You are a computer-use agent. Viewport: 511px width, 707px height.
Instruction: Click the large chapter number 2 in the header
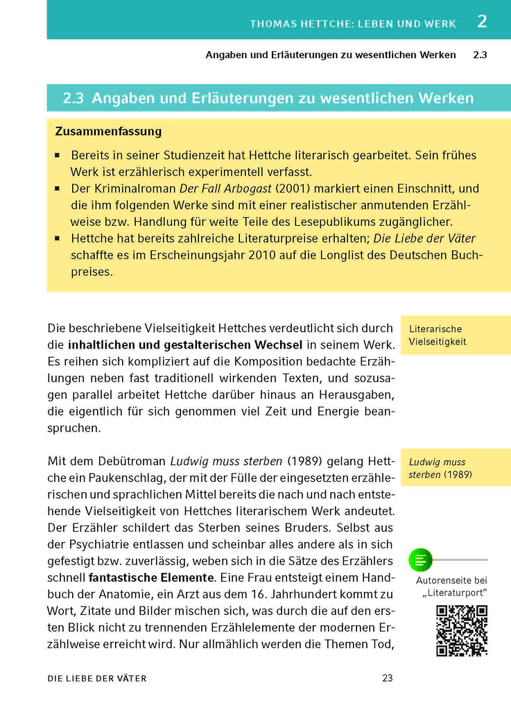tap(482, 21)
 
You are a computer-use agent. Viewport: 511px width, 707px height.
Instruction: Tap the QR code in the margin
tap(461, 630)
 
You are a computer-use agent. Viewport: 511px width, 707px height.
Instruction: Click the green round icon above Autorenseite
tap(420, 559)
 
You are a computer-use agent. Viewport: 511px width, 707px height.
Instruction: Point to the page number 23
tap(388, 679)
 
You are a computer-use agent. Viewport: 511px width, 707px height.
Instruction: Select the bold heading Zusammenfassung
tap(107, 131)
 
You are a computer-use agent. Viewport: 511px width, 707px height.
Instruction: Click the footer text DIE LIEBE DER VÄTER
tap(97, 679)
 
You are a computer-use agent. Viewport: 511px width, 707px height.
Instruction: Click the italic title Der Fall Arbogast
tap(225, 189)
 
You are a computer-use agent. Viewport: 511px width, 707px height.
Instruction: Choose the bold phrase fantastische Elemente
tap(150, 577)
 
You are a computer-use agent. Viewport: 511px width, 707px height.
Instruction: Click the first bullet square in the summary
tap(58, 156)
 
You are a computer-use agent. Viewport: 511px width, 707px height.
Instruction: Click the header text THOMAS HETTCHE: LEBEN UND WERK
tap(353, 24)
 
